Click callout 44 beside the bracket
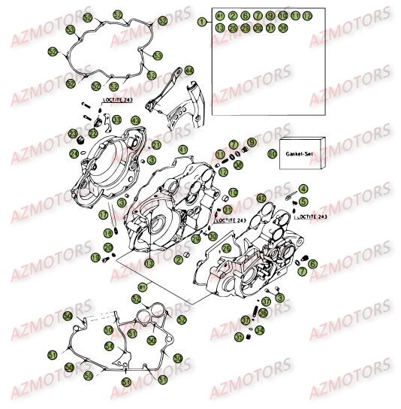click(x=188, y=71)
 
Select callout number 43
click(x=136, y=120)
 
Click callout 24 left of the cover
click(x=74, y=152)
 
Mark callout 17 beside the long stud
click(x=104, y=215)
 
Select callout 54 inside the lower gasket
click(x=110, y=347)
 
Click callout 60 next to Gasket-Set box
click(x=272, y=153)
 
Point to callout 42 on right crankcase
click(x=261, y=198)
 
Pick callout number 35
click(x=240, y=338)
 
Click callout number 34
click(x=259, y=329)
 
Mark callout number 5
click(x=302, y=202)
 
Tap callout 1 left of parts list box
click(x=201, y=23)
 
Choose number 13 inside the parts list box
click(x=219, y=28)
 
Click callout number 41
click(x=155, y=144)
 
